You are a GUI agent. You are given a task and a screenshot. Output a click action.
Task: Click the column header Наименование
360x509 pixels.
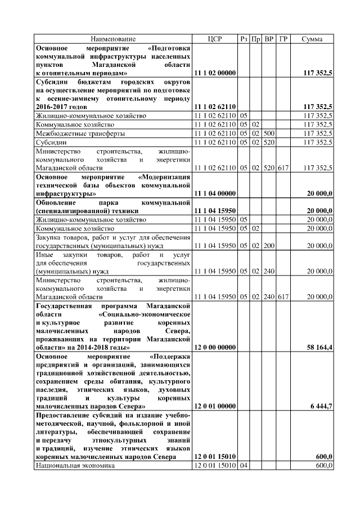pyautogui.click(x=113, y=39)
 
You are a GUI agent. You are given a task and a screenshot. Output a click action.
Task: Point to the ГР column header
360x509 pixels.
pyautogui.click(x=283, y=39)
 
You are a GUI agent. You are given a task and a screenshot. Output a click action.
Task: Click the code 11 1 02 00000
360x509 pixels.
pyautogui.click(x=214, y=73)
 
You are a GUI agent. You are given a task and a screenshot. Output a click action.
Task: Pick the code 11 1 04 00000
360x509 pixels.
pyautogui.click(x=214, y=193)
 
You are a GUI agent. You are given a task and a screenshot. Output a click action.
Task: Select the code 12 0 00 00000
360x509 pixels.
pyautogui.click(x=214, y=348)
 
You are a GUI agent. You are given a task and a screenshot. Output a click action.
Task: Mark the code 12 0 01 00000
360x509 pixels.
pyautogui.click(x=214, y=406)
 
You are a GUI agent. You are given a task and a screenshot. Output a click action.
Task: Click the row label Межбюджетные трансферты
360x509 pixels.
pyautogui.click(x=80, y=133)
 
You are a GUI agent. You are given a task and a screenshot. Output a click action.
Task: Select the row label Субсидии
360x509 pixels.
pyautogui.click(x=51, y=142)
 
